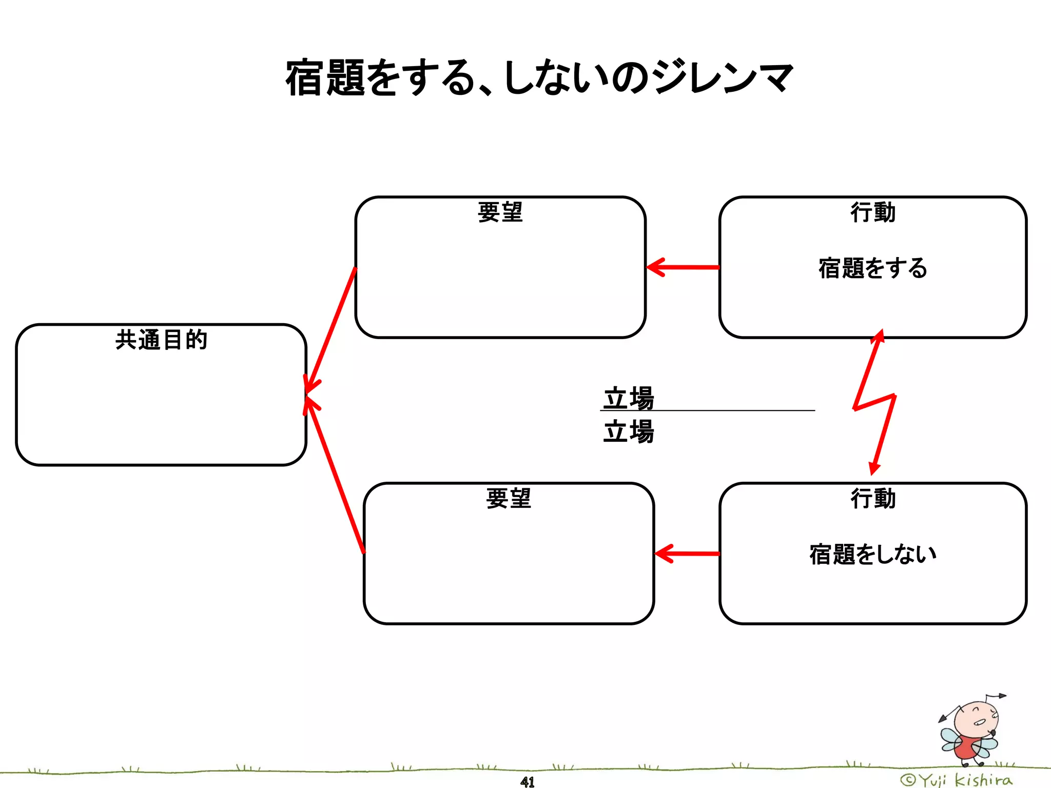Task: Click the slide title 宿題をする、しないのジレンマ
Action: click(539, 78)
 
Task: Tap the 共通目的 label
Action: click(161, 340)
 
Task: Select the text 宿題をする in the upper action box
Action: click(872, 268)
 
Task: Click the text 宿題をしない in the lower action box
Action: click(872, 555)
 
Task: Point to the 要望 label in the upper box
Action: click(500, 212)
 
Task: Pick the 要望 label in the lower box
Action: click(508, 498)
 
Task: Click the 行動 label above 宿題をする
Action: click(872, 212)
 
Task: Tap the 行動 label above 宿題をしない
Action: click(872, 498)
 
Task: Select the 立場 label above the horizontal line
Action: click(629, 398)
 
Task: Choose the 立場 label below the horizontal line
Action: click(629, 431)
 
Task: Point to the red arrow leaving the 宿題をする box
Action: click(683, 267)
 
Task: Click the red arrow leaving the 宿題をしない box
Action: click(688, 554)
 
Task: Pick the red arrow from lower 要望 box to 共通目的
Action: click(335, 477)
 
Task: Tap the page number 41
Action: click(527, 782)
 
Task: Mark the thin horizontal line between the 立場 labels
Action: click(718, 410)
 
